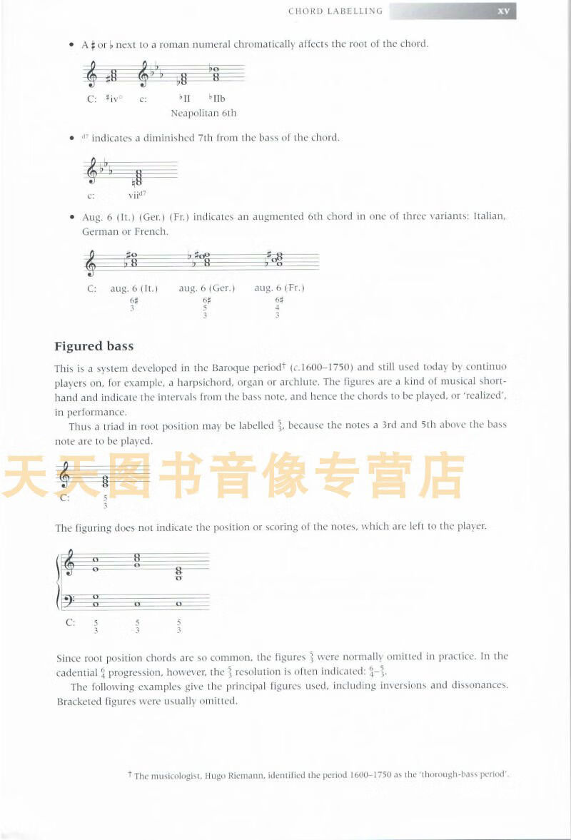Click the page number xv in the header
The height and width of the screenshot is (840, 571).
pos(502,11)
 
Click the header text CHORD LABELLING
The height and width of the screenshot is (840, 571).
pos(335,11)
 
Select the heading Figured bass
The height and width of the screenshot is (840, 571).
pos(94,346)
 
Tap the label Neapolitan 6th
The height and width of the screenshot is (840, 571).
pos(203,113)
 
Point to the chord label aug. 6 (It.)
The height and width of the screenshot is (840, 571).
pos(133,288)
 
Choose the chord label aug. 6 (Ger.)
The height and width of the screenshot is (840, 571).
pos(207,288)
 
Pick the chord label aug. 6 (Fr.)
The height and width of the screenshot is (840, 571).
pos(279,288)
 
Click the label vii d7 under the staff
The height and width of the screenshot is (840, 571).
pos(137,195)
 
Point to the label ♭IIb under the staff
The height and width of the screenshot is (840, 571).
pos(216,99)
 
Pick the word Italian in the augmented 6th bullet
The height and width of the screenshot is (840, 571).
pos(486,216)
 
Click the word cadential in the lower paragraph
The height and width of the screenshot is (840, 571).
pos(77,672)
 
